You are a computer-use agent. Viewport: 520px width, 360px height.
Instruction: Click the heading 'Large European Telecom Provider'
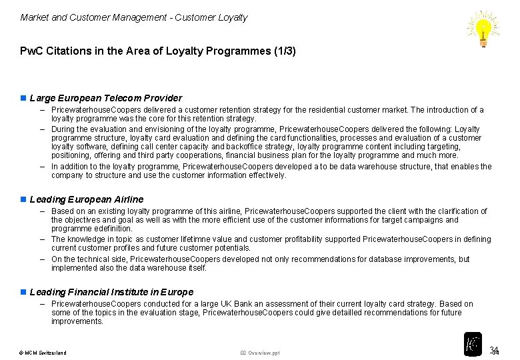click(x=106, y=98)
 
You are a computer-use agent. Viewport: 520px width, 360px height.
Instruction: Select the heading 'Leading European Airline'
click(x=87, y=199)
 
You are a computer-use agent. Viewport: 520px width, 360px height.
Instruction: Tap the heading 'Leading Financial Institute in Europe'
click(x=112, y=292)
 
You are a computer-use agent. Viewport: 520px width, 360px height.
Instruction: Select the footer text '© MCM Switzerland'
click(x=43, y=353)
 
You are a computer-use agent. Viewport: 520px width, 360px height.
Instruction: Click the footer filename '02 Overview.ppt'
click(x=260, y=353)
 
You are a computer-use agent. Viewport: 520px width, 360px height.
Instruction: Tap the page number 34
click(x=494, y=351)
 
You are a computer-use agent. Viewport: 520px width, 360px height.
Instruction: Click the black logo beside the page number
click(x=473, y=344)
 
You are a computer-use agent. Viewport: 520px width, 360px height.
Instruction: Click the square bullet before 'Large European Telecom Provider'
click(x=23, y=99)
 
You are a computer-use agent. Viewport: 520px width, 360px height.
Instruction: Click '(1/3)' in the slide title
click(x=283, y=51)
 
